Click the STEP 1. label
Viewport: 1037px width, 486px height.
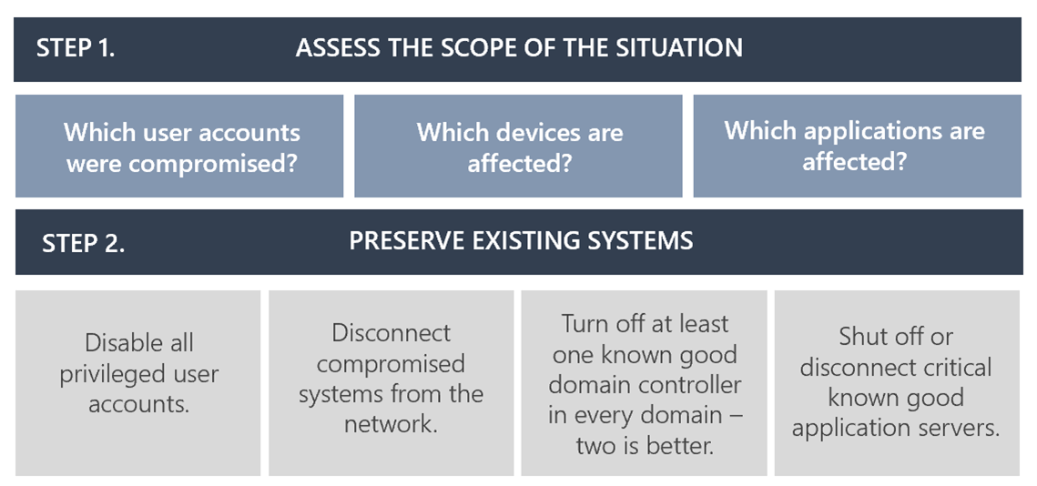tap(76, 48)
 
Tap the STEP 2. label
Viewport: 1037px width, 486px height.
tap(83, 244)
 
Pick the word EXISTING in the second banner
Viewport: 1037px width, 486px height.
tap(523, 241)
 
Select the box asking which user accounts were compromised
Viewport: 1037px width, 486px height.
tap(179, 147)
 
